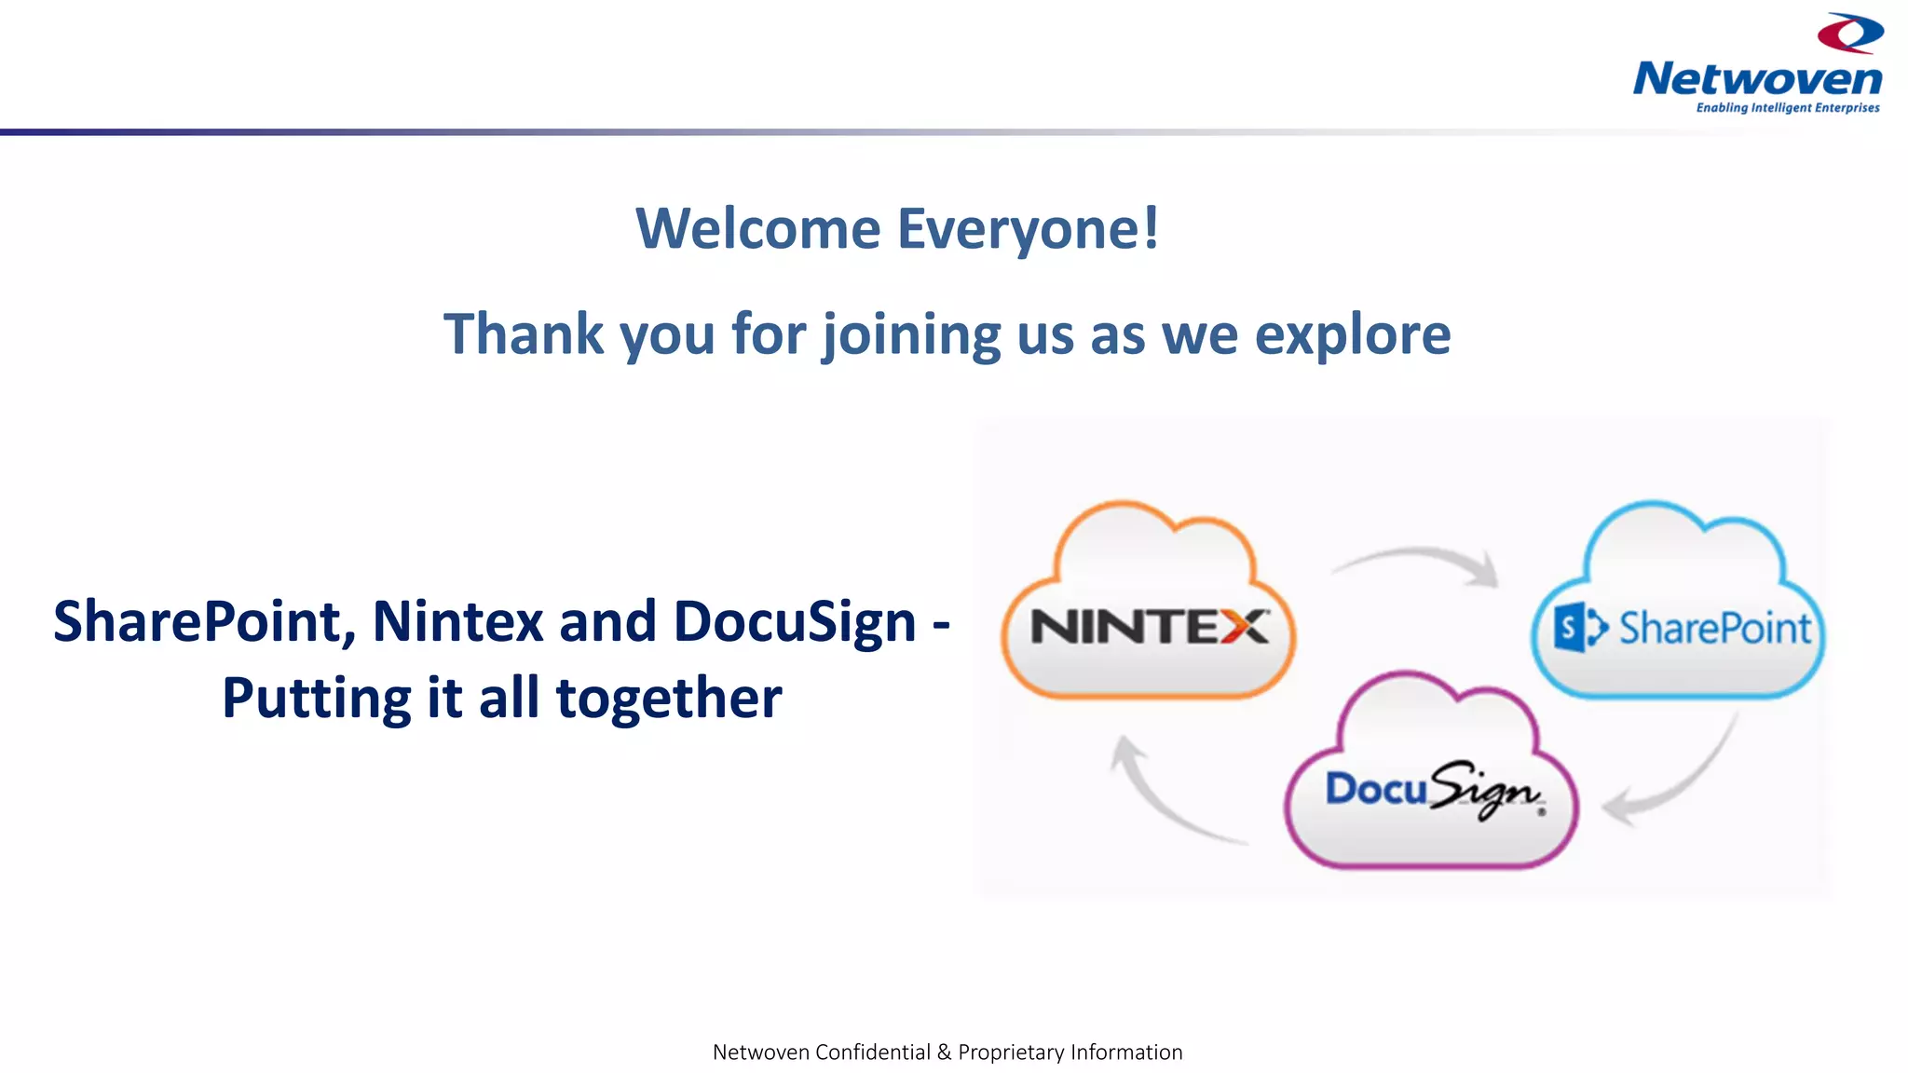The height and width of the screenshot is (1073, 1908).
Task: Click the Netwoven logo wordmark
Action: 1757,79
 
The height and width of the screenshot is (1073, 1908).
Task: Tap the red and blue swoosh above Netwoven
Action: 1850,34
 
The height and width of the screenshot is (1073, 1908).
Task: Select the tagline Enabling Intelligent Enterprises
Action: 1787,108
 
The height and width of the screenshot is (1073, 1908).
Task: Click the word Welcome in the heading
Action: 757,229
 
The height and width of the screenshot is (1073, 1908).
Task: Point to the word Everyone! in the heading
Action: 1029,229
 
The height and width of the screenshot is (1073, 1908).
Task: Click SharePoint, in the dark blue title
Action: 204,621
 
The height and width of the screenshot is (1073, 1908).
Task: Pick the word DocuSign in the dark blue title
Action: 795,621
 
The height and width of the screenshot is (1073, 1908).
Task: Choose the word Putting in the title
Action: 317,699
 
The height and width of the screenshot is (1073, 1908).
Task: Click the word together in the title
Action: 668,699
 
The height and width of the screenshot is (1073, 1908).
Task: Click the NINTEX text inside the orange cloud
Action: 1149,627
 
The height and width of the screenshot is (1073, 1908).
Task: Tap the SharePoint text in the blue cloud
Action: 1714,628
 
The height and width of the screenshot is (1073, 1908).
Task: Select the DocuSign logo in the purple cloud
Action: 1433,791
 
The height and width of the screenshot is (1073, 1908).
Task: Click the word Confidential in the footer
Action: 872,1053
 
